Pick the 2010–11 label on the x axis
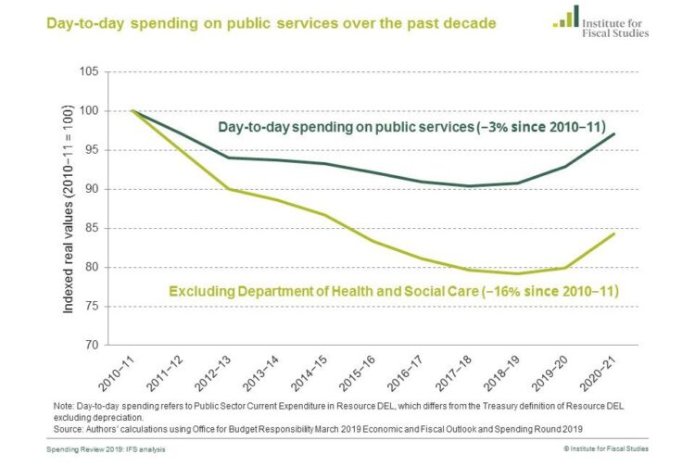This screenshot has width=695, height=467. coord(120,371)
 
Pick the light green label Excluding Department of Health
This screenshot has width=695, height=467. coord(393,293)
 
